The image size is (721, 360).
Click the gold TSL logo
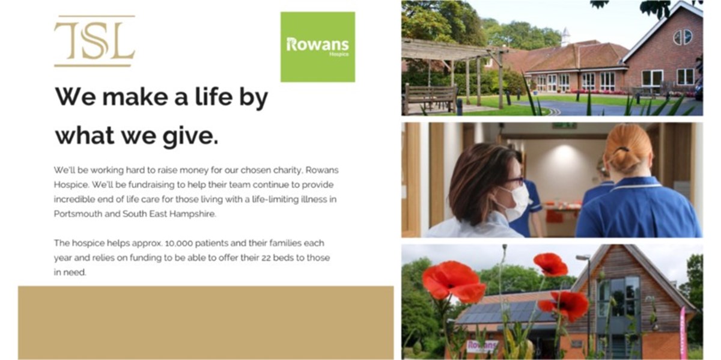coord(94,41)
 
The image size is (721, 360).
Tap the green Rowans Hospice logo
coord(317,47)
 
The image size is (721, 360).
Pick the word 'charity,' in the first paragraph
coord(279,171)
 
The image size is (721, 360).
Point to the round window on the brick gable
coord(683,37)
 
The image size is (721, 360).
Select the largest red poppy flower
coord(452,281)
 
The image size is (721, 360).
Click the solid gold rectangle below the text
coord(205,322)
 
